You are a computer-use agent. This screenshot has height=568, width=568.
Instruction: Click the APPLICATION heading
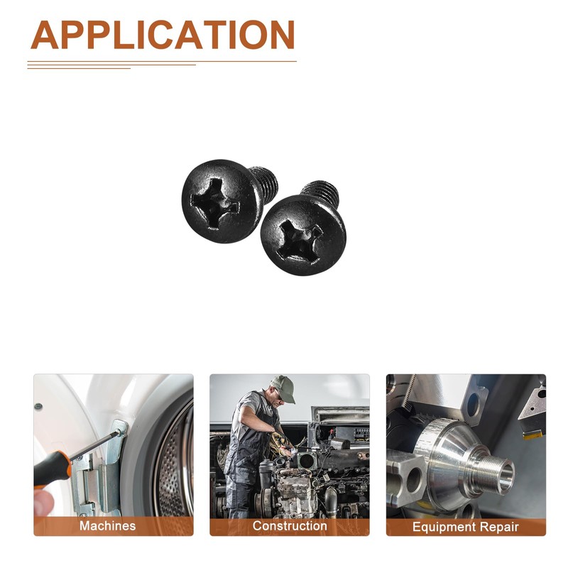pos(163,35)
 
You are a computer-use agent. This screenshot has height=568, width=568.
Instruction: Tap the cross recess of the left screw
pos(214,204)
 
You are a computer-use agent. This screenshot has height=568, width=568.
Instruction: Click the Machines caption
pos(108,525)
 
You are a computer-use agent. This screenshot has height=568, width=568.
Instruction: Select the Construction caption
pos(290,525)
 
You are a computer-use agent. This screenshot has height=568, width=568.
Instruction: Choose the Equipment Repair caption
pos(466,527)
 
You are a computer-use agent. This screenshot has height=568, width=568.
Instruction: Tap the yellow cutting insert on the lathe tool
pos(533,435)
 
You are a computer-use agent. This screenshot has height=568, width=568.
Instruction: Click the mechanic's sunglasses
pos(278,395)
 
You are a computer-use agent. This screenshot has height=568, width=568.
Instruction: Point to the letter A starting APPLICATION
pos(45,35)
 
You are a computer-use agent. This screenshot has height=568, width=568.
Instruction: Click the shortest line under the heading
pos(79,68)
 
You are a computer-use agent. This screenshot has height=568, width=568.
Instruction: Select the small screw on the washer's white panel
pos(38,406)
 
